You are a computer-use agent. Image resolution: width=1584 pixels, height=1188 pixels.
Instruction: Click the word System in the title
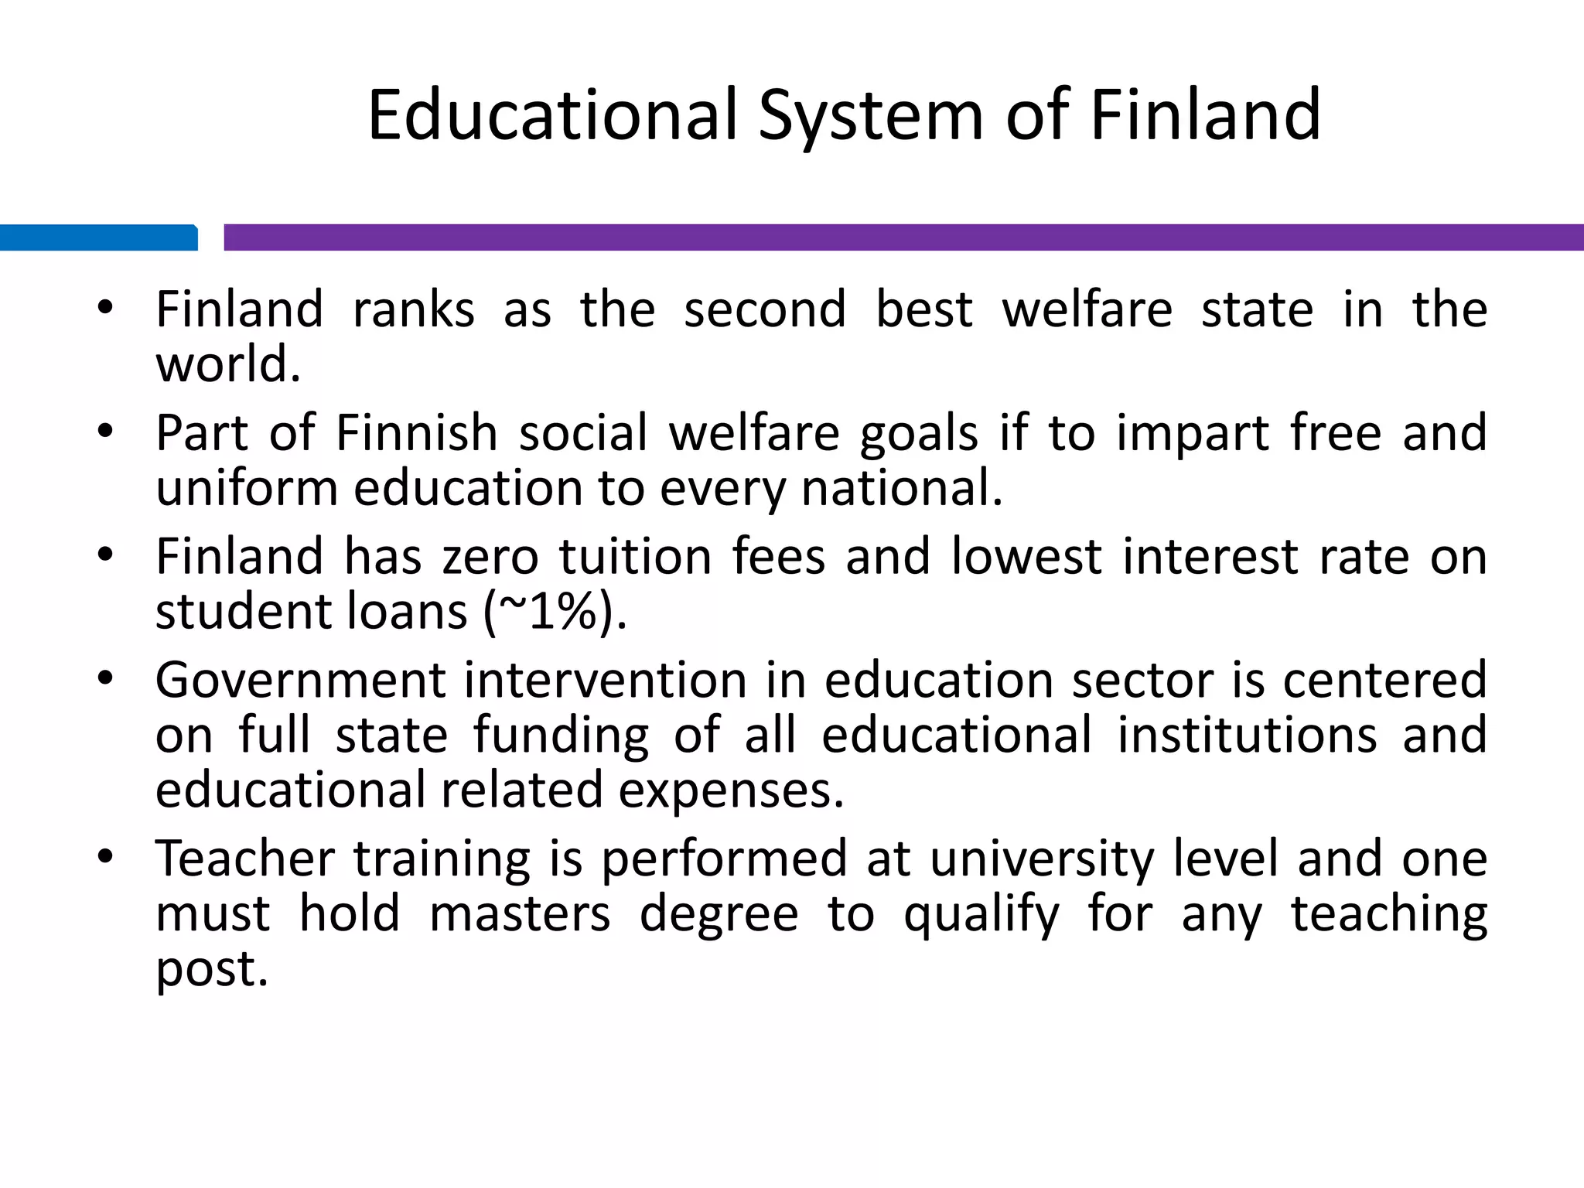pos(871,116)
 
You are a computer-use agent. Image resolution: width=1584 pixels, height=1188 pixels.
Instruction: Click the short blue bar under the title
pos(98,237)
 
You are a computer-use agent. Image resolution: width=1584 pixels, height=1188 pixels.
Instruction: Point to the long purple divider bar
pos(903,237)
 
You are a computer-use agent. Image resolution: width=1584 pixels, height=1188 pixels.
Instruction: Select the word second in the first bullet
pos(765,309)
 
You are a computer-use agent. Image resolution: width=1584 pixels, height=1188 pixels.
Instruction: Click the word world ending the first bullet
pos(227,364)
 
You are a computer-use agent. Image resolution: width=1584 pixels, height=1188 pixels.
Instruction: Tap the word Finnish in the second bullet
pos(417,432)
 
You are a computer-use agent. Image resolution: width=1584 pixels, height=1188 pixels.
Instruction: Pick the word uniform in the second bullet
pos(247,488)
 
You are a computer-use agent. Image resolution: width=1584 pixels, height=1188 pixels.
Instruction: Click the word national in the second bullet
pos(901,488)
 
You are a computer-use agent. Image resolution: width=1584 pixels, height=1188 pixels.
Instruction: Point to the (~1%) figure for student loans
pos(555,612)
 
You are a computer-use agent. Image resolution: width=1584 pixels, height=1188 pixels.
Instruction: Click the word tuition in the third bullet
pos(635,557)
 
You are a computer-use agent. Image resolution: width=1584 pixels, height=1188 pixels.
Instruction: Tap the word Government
pos(301,681)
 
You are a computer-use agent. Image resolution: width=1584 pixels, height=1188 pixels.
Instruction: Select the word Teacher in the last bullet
pos(245,859)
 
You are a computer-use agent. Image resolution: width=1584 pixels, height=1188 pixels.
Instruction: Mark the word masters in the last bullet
pos(520,913)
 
